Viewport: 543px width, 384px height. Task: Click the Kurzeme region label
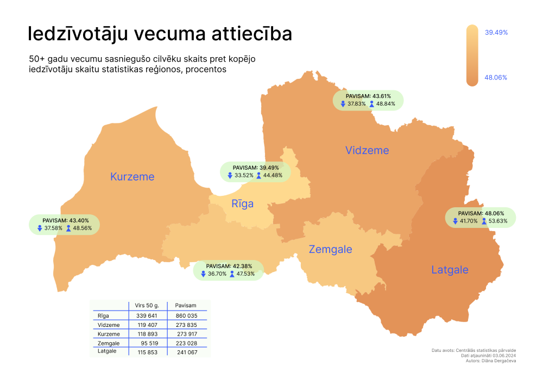(132, 177)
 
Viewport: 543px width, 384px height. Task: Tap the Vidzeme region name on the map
(367, 151)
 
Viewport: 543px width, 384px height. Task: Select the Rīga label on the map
(242, 204)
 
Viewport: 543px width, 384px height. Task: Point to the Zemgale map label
(330, 250)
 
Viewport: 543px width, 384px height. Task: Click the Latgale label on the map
(450, 270)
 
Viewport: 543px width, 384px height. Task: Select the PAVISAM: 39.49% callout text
(255, 168)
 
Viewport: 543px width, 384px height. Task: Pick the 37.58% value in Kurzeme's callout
(53, 228)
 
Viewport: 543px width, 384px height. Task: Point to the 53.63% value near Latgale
(498, 221)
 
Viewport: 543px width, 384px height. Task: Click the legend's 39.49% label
(496, 33)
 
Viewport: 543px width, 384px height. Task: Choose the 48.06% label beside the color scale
(495, 78)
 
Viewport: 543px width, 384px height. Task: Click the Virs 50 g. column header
(146, 306)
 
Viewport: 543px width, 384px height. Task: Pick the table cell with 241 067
(186, 352)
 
